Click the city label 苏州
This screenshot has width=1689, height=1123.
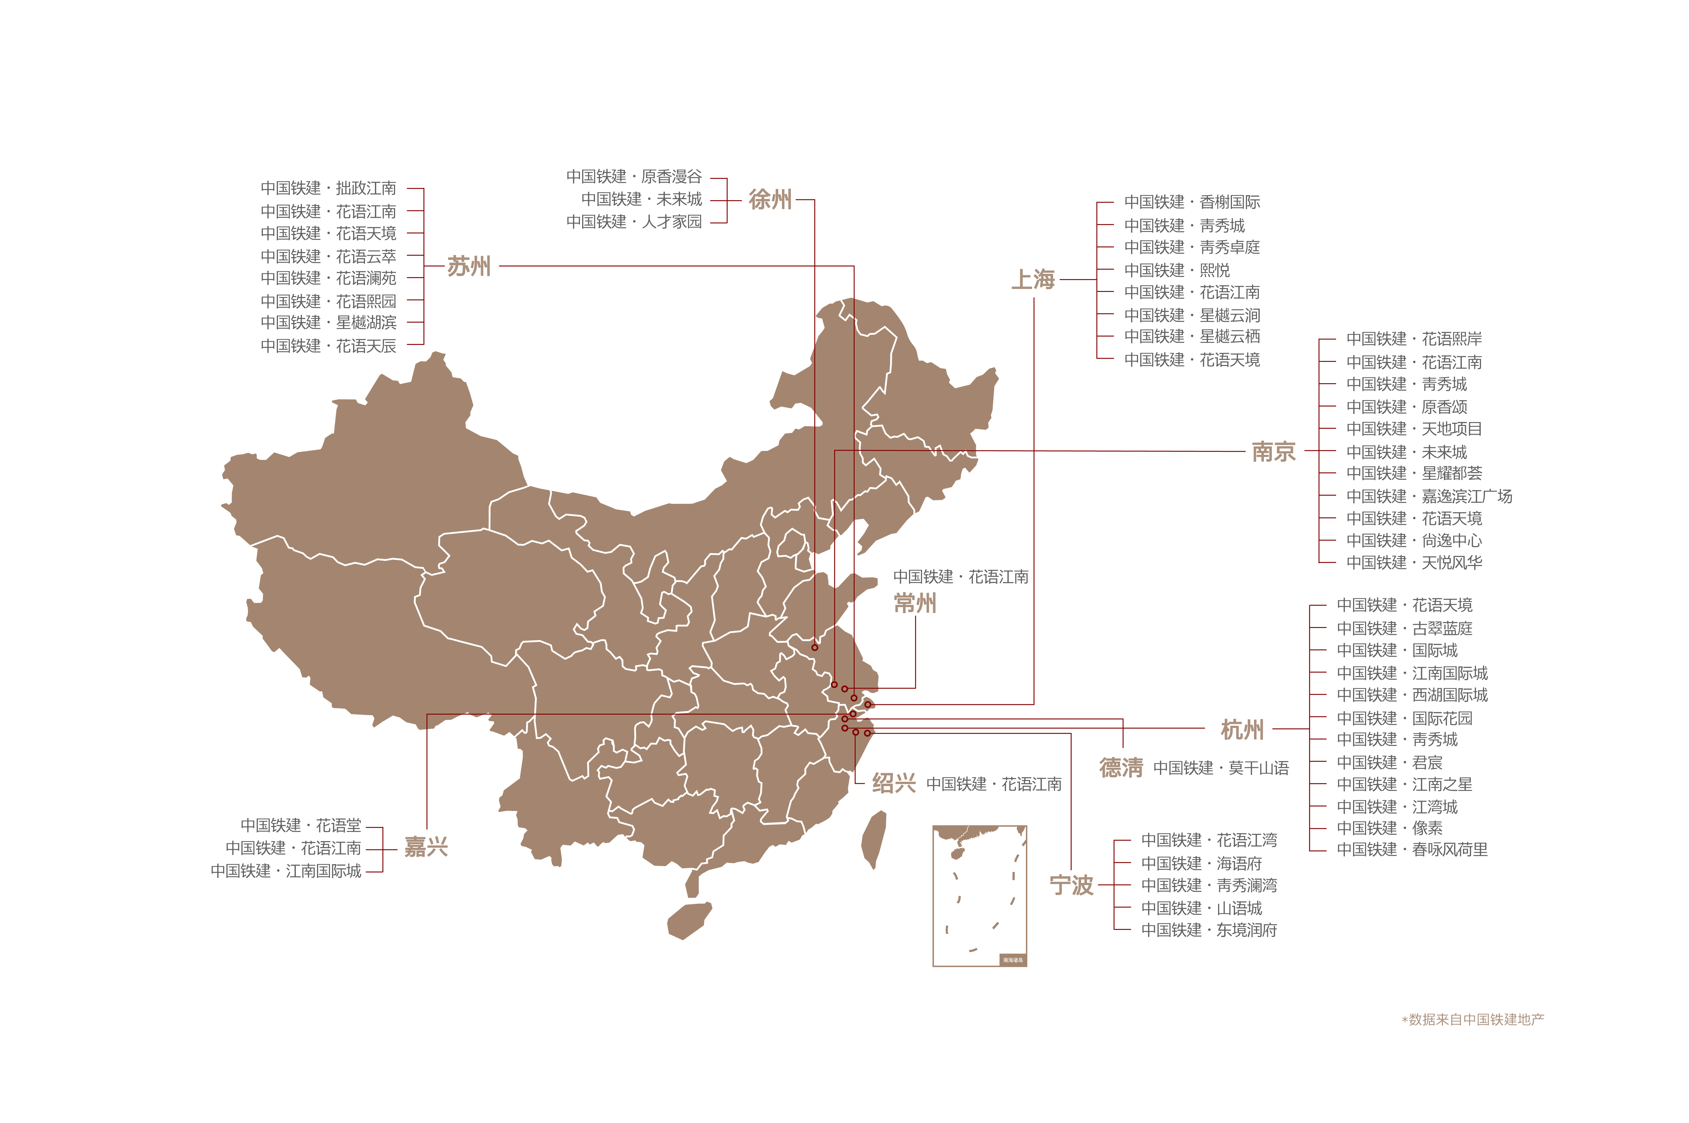(x=469, y=266)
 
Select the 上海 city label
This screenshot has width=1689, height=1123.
(x=1033, y=279)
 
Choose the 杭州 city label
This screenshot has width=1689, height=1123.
(x=1242, y=730)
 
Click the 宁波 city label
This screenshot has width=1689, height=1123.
(x=1071, y=885)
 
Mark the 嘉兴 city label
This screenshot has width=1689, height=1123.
(x=426, y=847)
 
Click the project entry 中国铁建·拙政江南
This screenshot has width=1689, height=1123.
(x=327, y=188)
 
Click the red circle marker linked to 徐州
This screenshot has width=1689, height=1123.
(x=815, y=647)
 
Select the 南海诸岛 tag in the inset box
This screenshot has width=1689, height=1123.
(x=1013, y=960)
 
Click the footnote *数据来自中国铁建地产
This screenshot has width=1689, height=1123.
(x=1472, y=1019)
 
